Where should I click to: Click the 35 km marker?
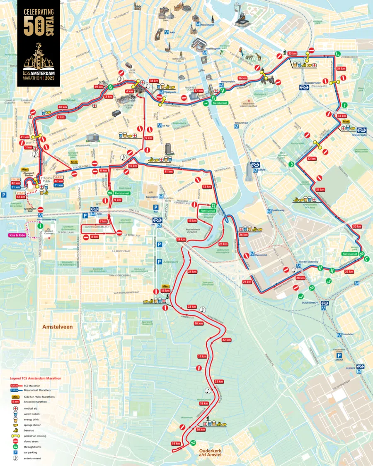tap(293, 53)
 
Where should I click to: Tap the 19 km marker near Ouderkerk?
tap(176, 444)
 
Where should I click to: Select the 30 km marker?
tap(357, 227)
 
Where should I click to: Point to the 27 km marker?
tap(247, 282)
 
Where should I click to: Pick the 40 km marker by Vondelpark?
tap(63, 107)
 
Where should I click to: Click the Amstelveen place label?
tap(57, 327)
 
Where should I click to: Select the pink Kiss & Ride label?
tap(17, 235)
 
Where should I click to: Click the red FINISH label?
tap(16, 179)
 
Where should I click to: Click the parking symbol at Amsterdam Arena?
tap(339, 355)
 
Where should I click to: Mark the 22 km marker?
tap(226, 340)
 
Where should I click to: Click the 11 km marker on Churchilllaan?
tap(168, 171)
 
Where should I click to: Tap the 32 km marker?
tap(311, 159)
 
